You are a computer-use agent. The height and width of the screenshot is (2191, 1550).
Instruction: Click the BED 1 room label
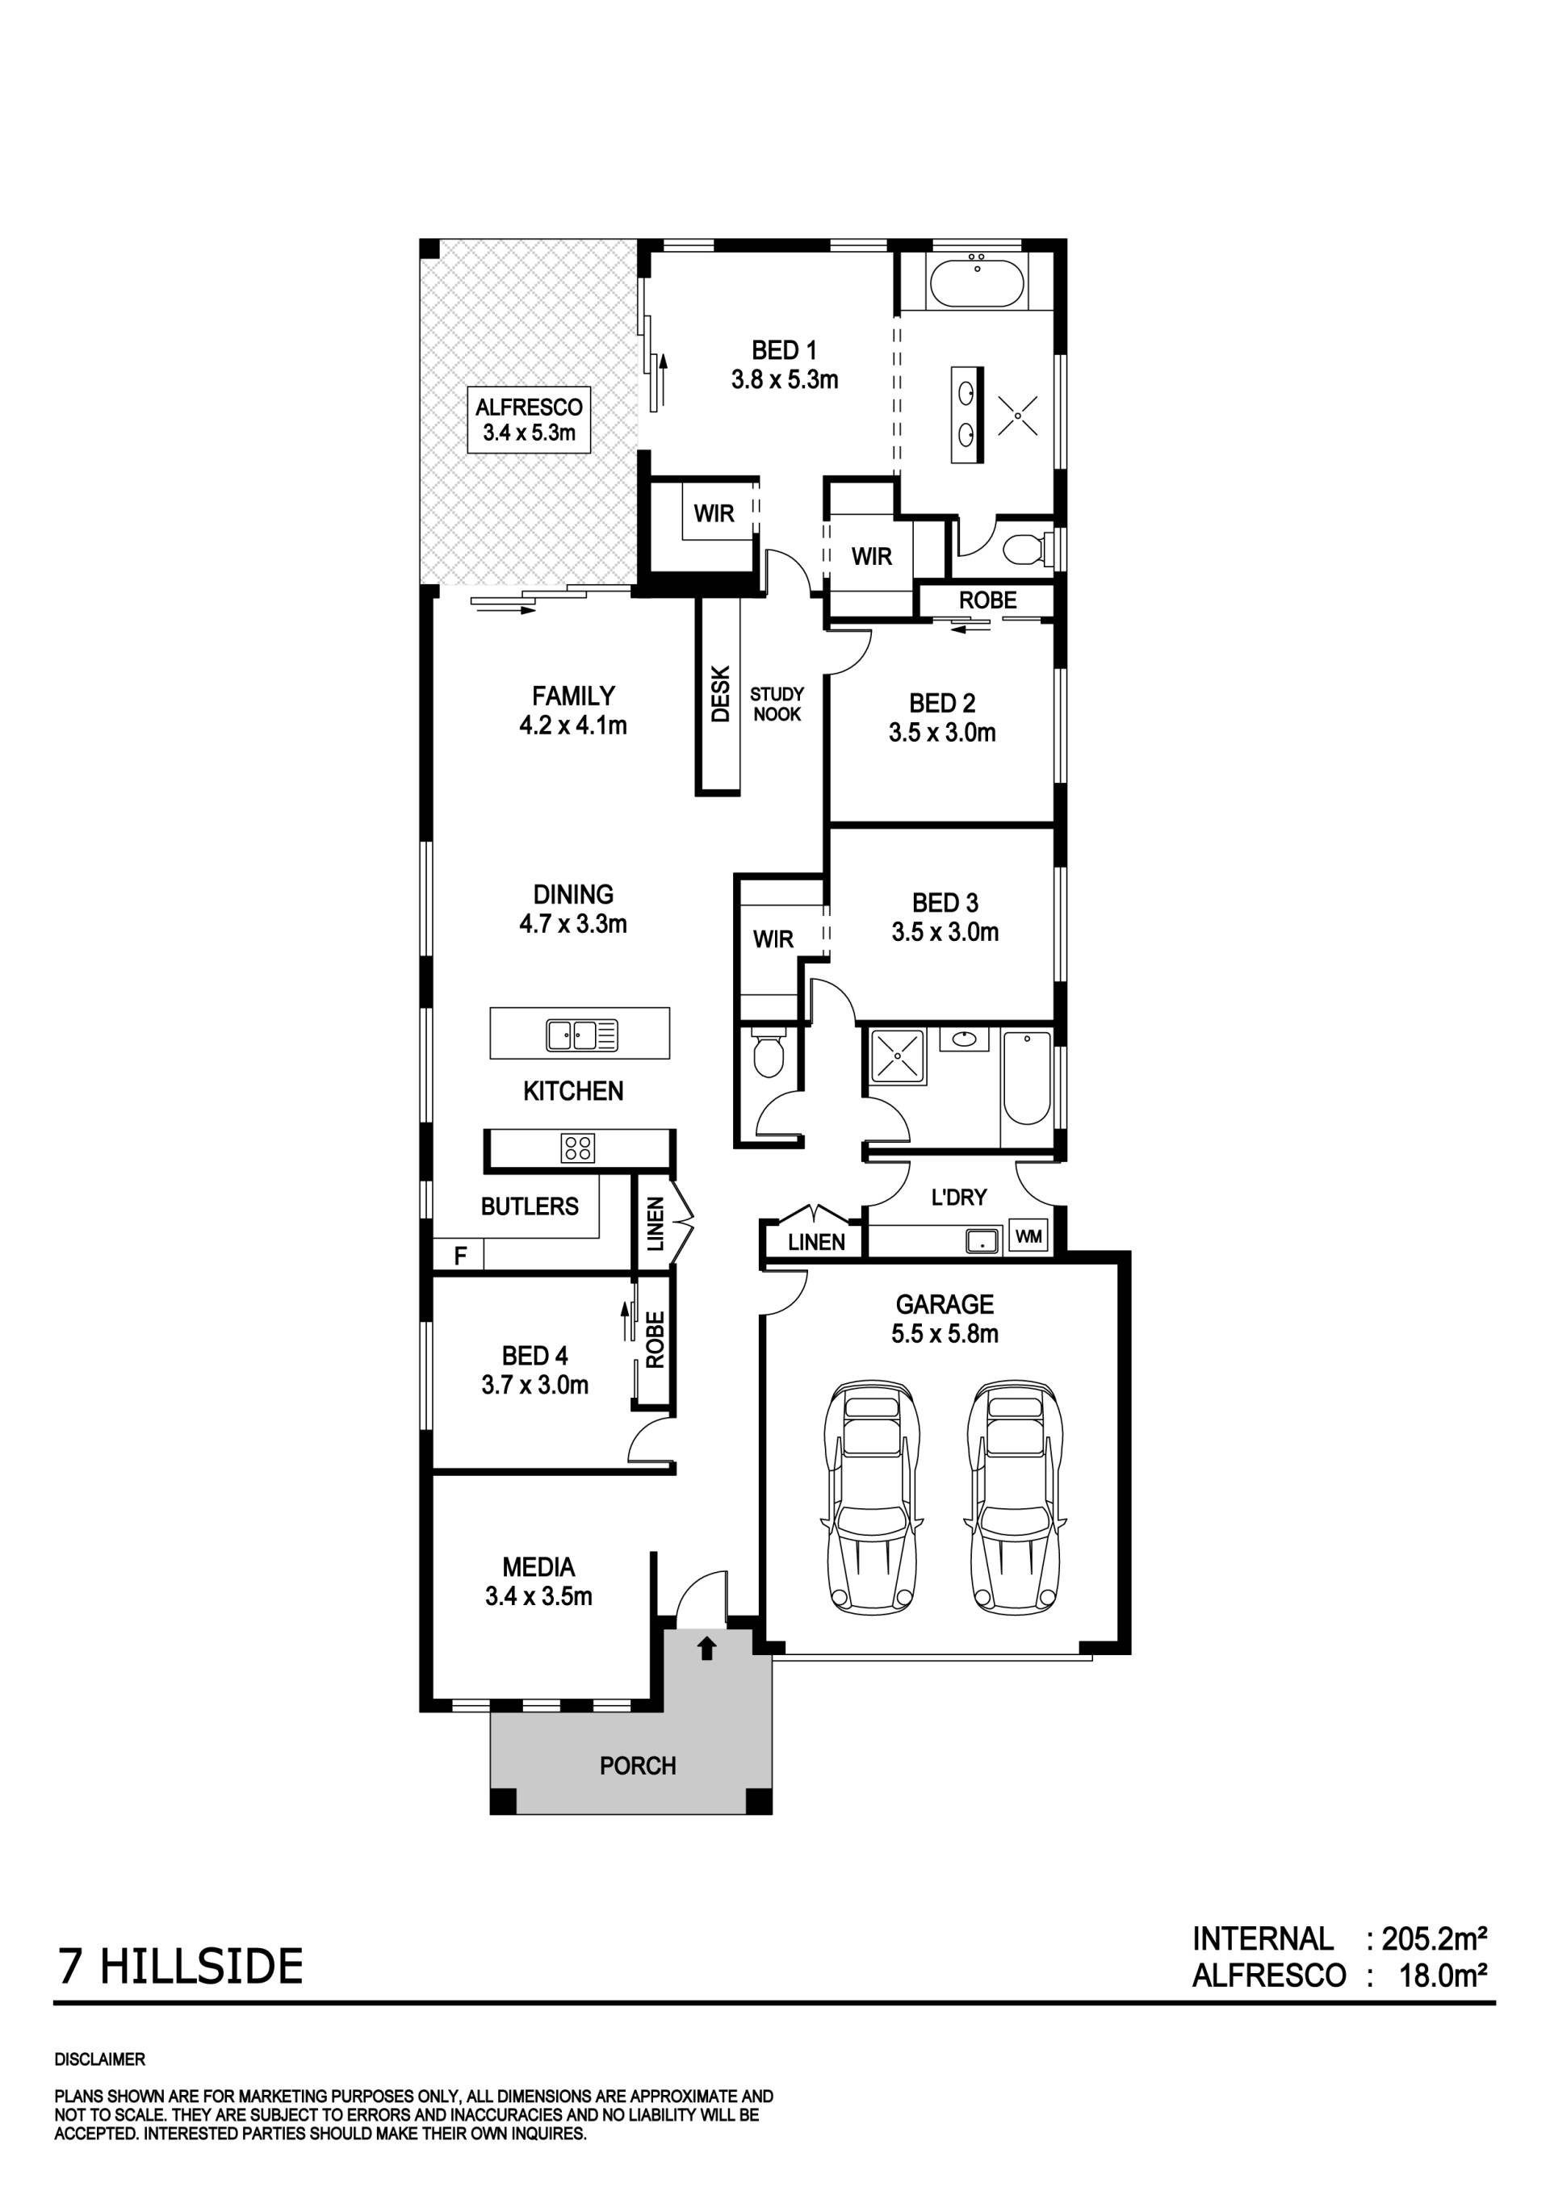[x=784, y=350]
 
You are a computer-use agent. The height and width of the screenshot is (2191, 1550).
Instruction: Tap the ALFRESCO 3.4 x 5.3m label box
[x=529, y=420]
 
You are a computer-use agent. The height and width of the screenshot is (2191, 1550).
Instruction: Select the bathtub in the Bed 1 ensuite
[x=976, y=282]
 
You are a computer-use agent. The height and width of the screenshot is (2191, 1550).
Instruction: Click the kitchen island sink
[x=582, y=1035]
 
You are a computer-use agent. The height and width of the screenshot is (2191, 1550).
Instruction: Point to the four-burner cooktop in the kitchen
[x=578, y=1147]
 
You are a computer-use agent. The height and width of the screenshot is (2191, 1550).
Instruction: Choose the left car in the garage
[x=873, y=1496]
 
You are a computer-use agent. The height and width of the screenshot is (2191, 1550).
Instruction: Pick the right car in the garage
[x=1015, y=1496]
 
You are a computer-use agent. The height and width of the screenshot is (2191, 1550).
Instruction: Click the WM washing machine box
[x=1028, y=1237]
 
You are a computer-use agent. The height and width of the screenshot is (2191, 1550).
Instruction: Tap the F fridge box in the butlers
[x=459, y=1255]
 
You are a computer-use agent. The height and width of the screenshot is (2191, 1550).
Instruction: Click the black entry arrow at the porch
[x=706, y=1648]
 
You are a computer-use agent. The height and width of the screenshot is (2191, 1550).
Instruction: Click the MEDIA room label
[x=538, y=1567]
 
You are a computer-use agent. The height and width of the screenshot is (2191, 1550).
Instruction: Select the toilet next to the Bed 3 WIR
[x=769, y=1052]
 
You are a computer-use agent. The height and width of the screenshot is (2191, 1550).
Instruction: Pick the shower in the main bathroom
[x=897, y=1056]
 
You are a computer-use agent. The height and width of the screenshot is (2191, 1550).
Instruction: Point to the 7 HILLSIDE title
[x=180, y=1967]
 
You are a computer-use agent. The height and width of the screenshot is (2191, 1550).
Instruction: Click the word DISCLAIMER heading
[x=100, y=2059]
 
